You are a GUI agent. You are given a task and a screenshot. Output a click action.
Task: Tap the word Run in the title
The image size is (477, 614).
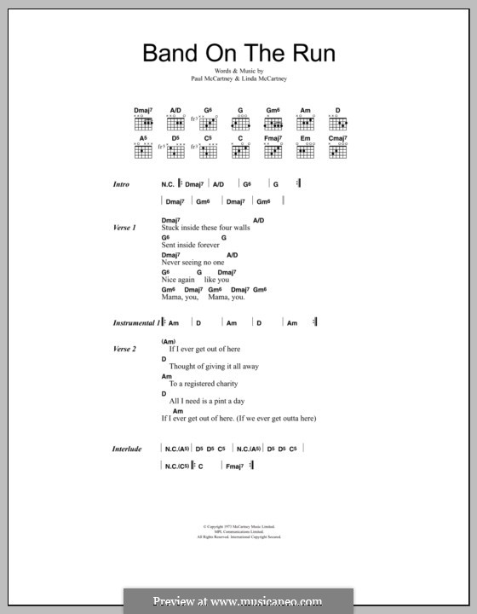(x=310, y=54)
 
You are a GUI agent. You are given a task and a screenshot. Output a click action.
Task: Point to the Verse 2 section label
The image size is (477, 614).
(x=124, y=349)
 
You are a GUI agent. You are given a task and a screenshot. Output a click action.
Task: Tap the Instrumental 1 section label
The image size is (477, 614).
(x=136, y=323)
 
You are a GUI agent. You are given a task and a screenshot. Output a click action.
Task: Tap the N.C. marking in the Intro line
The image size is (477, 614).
(x=168, y=184)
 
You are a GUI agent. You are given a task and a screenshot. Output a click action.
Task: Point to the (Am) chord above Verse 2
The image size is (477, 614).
(x=167, y=341)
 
